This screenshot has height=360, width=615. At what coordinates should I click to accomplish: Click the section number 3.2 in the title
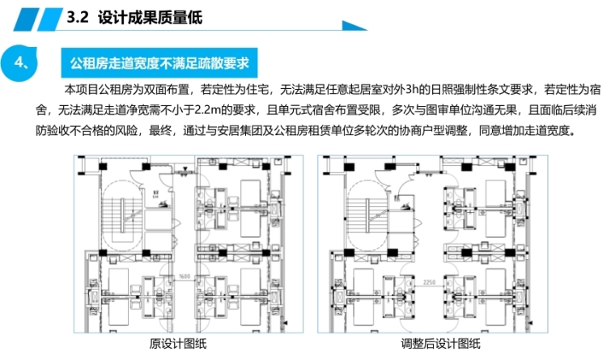pyautogui.click(x=78, y=16)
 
